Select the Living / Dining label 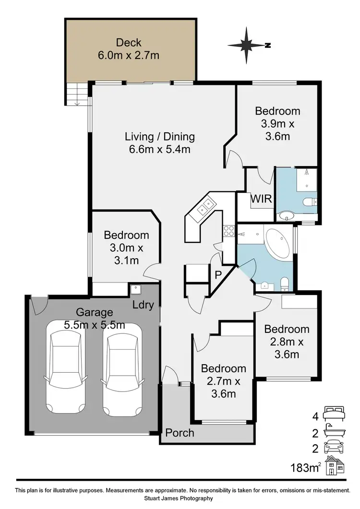[x=160, y=142]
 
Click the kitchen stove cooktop [x=229, y=231]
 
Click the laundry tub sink [x=135, y=290]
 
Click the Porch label [x=180, y=433]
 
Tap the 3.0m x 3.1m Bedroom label [x=126, y=248]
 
